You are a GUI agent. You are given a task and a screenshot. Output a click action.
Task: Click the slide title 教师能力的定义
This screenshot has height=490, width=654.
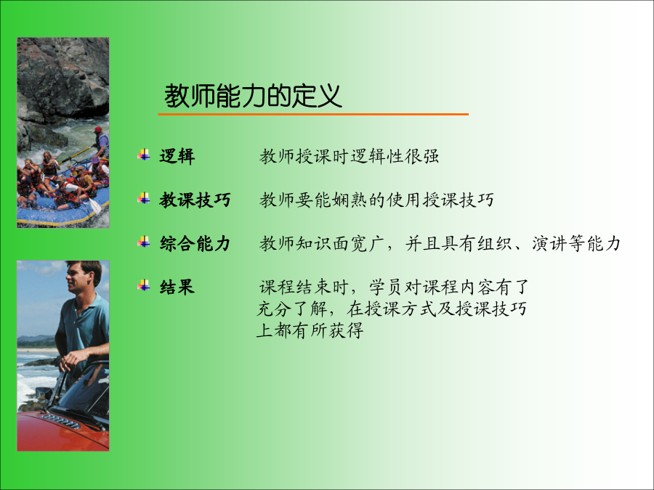tap(253, 96)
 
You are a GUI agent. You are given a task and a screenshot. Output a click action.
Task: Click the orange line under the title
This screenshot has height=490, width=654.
tap(313, 114)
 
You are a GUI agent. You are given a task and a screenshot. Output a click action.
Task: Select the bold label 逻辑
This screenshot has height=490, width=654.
tap(177, 156)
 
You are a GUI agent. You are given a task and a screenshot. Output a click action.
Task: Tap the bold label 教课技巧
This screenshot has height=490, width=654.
tap(195, 200)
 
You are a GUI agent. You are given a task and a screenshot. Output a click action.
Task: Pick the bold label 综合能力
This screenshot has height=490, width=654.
tap(195, 243)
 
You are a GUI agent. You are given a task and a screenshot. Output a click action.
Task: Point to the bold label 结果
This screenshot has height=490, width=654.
tap(177, 287)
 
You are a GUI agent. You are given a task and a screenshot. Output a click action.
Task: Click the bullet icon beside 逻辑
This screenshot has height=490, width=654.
tap(143, 155)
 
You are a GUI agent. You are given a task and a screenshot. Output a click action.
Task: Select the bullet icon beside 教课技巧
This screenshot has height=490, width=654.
tap(143, 198)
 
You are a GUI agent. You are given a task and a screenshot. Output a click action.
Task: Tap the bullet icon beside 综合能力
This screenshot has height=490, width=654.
tap(143, 242)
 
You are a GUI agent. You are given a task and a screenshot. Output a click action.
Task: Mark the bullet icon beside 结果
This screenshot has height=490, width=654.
tap(143, 285)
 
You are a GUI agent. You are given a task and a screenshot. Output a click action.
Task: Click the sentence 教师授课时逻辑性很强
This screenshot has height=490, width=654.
tap(349, 156)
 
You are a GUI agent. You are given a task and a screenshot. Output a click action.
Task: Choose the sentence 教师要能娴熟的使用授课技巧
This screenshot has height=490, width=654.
tap(376, 200)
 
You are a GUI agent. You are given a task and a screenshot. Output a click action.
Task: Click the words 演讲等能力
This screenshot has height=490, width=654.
tap(576, 243)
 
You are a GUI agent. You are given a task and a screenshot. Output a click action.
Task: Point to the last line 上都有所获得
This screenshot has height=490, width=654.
tap(310, 330)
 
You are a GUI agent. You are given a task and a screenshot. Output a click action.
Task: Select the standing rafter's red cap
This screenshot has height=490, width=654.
tap(98, 130)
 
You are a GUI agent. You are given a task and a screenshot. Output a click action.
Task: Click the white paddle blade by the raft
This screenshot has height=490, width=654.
tap(95, 206)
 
